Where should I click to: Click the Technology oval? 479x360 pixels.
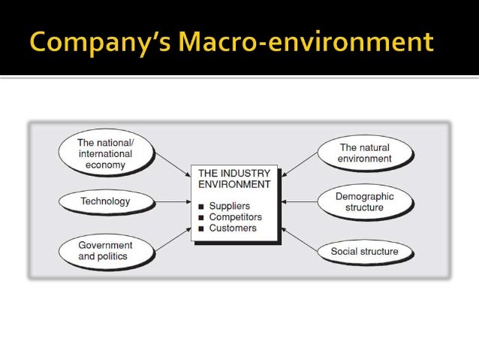pyautogui.click(x=105, y=201)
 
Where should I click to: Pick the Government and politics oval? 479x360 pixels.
pyautogui.click(x=105, y=251)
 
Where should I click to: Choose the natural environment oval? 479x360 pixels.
pyautogui.click(x=365, y=153)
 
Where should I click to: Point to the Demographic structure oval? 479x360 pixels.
pyautogui.click(x=365, y=201)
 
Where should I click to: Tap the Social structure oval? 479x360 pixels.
pyautogui.click(x=364, y=251)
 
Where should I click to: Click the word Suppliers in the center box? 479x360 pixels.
pyautogui.click(x=230, y=205)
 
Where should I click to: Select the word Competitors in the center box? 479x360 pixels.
pyautogui.click(x=236, y=216)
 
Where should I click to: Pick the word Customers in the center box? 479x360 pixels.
pyautogui.click(x=233, y=228)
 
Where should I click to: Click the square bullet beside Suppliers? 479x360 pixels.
pyautogui.click(x=201, y=206)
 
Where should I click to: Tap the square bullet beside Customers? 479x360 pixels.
pyautogui.click(x=201, y=228)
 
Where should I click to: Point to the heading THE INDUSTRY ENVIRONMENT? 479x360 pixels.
pyautogui.click(x=234, y=178)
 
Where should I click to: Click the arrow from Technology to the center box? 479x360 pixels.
pyautogui.click(x=171, y=201)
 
